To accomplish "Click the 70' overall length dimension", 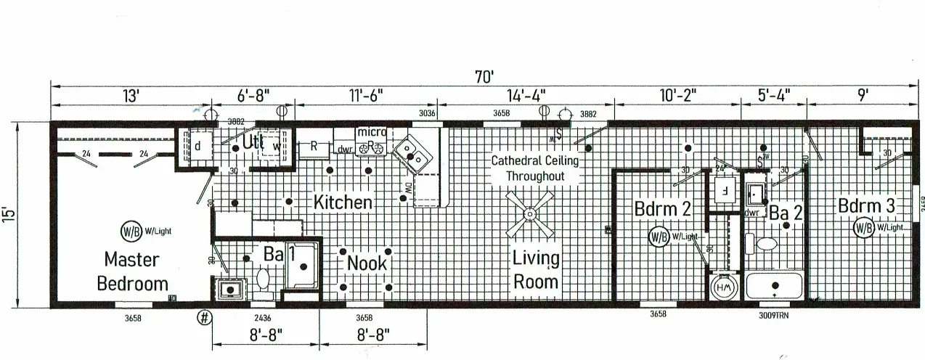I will tap(484, 75).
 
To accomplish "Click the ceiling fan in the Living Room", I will tap(530, 215).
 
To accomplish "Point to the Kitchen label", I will tap(343, 202).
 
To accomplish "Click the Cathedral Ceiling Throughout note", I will tap(535, 168).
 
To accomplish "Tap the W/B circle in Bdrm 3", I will tap(863, 228).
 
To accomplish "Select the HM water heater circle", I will tap(725, 286).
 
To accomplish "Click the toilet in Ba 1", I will tap(264, 279).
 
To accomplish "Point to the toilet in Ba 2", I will tap(766, 244).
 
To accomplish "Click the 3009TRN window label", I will tap(775, 314).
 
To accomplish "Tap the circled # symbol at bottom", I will tap(205, 317).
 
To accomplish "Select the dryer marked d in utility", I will tap(197, 145).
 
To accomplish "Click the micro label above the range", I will tap(371, 132).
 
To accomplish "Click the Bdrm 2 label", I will tap(662, 208).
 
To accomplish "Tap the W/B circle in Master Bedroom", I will tap(130, 232).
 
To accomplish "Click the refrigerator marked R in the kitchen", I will tap(314, 146).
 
